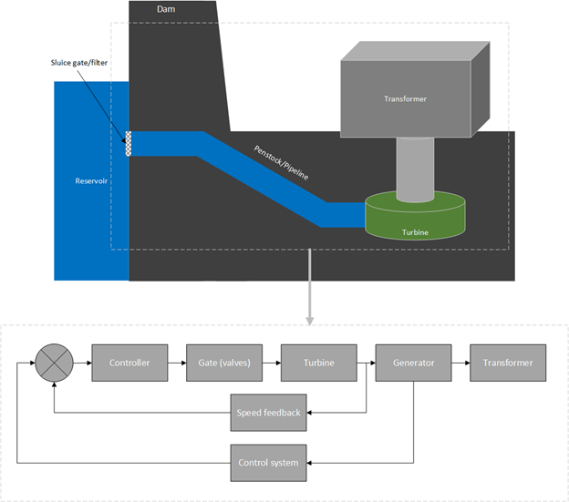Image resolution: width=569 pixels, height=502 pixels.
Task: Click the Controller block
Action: tap(129, 363)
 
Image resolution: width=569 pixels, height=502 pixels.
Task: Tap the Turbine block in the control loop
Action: tap(318, 363)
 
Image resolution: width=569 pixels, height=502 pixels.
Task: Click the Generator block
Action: tap(413, 363)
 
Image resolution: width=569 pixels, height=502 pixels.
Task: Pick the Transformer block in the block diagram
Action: tap(508, 363)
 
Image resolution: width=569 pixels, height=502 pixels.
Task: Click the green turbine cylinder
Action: tap(415, 219)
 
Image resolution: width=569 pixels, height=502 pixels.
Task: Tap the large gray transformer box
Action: tap(406, 97)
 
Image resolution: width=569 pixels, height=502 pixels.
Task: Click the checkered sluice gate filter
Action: tap(129, 144)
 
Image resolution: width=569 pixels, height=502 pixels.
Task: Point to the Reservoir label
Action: tap(91, 180)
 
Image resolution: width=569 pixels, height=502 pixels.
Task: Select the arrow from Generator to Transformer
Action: tap(460, 363)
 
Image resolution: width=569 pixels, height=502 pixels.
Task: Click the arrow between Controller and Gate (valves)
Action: tap(176, 363)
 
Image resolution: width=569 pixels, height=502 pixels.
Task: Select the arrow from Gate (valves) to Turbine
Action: tap(271, 363)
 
